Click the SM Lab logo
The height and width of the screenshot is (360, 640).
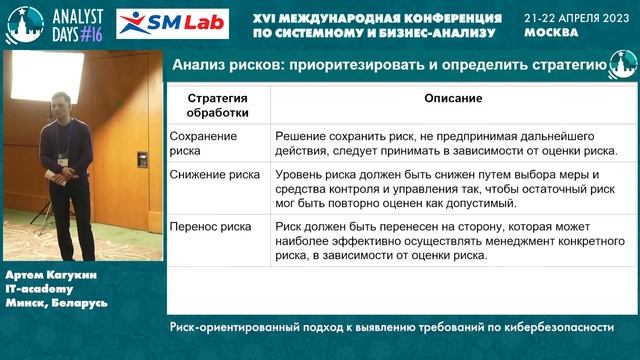(172, 23)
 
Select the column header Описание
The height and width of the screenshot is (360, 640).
(452, 100)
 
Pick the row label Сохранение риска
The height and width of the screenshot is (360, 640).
(204, 143)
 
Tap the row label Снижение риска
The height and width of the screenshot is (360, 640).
(215, 174)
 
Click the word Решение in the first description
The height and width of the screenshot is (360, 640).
(303, 135)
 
